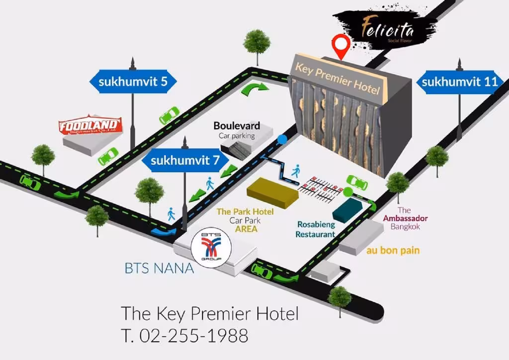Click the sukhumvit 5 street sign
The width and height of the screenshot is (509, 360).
(x=133, y=82)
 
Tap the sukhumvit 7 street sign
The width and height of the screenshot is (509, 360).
(x=185, y=160)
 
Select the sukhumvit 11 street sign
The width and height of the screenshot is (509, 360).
(x=460, y=82)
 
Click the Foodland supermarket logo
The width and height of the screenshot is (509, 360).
(x=90, y=125)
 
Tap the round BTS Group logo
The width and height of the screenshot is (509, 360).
(x=211, y=248)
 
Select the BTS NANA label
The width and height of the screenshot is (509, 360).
(x=160, y=269)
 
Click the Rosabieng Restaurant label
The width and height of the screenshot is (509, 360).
(x=315, y=229)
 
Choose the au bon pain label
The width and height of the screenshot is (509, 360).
(x=393, y=250)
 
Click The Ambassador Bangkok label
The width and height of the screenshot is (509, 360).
(x=405, y=218)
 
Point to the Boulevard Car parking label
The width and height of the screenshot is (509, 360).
(x=237, y=130)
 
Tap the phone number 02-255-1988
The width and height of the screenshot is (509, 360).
(x=194, y=336)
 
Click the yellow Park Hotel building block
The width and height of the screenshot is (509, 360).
(x=272, y=193)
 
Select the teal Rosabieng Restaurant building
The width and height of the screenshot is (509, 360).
(x=347, y=210)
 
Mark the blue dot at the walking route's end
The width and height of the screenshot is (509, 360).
(x=282, y=139)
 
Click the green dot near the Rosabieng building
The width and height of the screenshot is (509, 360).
(x=347, y=192)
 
